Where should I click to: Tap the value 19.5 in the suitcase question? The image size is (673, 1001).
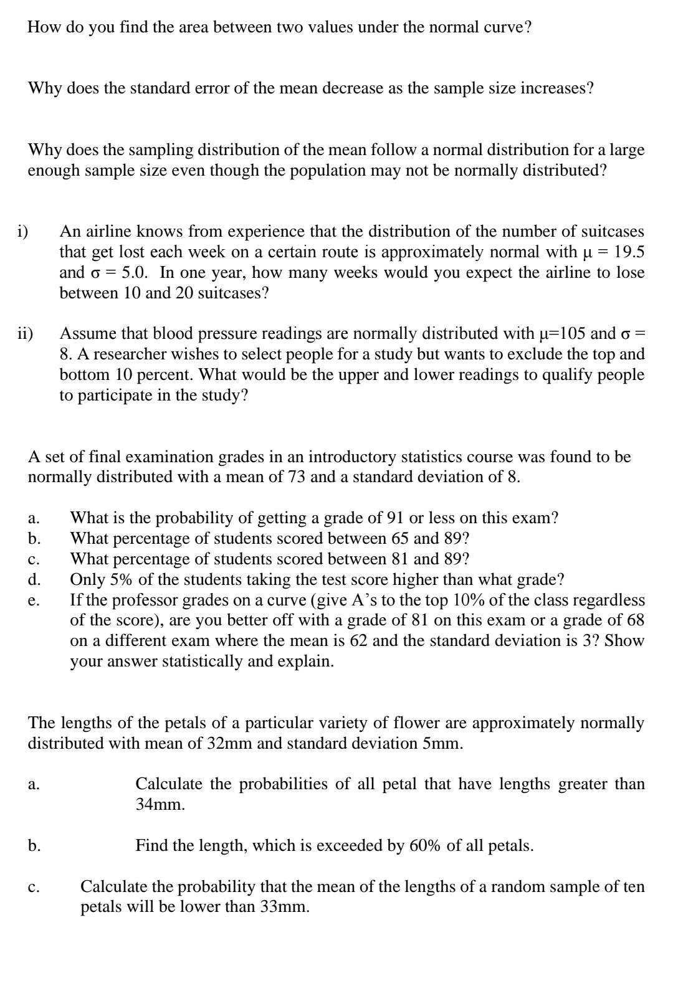click(x=629, y=252)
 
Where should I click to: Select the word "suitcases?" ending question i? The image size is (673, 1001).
click(x=234, y=293)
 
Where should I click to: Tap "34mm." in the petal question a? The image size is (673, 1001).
click(x=160, y=805)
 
